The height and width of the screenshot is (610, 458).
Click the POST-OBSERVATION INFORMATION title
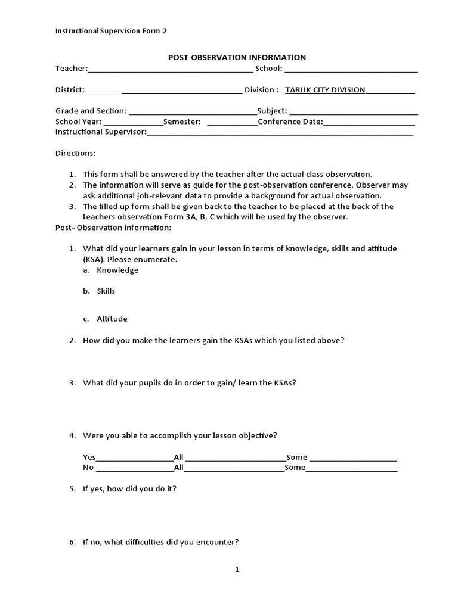click(x=236, y=58)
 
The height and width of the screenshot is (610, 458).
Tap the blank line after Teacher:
click(x=170, y=69)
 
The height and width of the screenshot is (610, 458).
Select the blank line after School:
click(x=351, y=69)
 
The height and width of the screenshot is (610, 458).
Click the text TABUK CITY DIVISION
click(x=325, y=90)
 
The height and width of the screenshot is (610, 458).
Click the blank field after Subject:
click(x=354, y=111)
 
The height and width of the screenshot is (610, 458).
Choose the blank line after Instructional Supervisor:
click(x=279, y=133)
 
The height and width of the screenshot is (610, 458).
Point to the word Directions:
click(x=75, y=154)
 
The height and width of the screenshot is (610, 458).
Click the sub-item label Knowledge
click(x=117, y=270)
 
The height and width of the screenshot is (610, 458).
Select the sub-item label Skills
click(x=106, y=292)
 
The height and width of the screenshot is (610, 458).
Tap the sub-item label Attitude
click(x=112, y=319)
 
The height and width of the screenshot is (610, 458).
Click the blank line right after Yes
click(x=135, y=458)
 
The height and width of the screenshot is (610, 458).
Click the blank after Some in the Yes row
click(x=353, y=458)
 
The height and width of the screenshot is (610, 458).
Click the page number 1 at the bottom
click(x=237, y=570)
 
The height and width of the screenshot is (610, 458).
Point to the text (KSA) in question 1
click(x=94, y=260)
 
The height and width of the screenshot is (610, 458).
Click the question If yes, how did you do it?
click(x=129, y=489)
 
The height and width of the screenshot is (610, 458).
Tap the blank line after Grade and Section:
click(x=192, y=111)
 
